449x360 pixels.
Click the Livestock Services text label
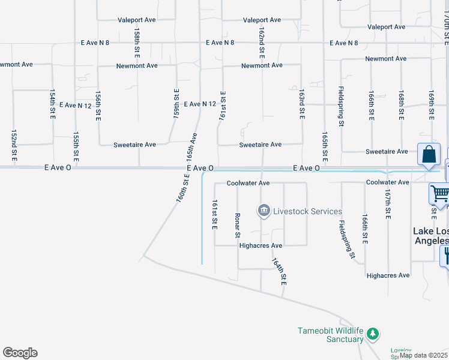(x=307, y=211)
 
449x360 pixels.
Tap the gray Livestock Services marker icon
(x=263, y=211)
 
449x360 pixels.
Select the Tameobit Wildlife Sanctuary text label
(x=331, y=335)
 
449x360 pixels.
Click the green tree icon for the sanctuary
(x=373, y=333)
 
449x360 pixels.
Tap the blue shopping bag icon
(x=430, y=155)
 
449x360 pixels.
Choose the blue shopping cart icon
(x=439, y=194)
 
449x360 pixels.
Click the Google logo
(x=20, y=353)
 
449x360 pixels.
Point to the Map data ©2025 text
(x=423, y=355)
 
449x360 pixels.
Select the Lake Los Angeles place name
(x=430, y=236)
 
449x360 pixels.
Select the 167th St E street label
(x=388, y=205)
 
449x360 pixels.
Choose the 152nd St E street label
(x=13, y=145)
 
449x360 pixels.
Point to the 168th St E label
(x=400, y=106)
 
